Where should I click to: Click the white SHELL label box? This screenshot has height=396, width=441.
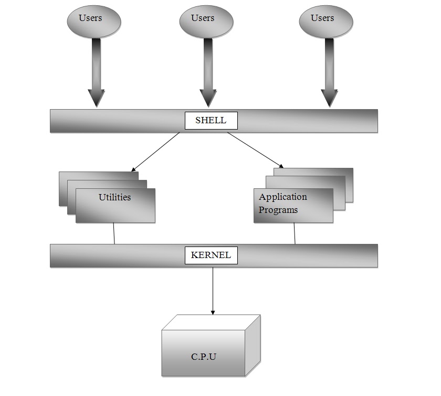pyautogui.click(x=211, y=121)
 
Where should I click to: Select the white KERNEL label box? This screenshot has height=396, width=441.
pyautogui.click(x=211, y=255)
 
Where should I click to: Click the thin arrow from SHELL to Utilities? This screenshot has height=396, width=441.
pyautogui.click(x=155, y=152)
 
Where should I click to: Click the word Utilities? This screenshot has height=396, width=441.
pyautogui.click(x=114, y=198)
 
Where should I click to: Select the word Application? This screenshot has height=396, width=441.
pyautogui.click(x=283, y=197)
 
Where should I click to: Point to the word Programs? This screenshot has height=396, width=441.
pyautogui.click(x=278, y=210)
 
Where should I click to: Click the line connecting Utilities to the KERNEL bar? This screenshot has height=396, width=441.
pyautogui.click(x=114, y=233)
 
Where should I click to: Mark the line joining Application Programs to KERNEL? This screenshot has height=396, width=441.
pyautogui.click(x=294, y=233)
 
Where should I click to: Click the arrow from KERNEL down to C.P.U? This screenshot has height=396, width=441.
pyautogui.click(x=213, y=291)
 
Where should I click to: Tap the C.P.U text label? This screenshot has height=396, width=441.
pyautogui.click(x=204, y=357)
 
